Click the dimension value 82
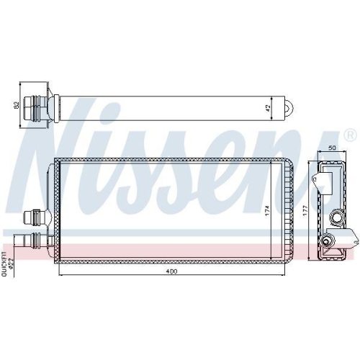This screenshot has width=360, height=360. tap(17, 105)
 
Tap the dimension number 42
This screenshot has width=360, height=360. tap(268, 108)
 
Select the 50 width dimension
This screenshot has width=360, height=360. tap(331, 148)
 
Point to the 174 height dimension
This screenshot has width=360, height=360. tap(268, 210)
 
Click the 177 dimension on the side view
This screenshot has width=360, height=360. tap(305, 211)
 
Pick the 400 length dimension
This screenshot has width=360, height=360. tap(172, 271)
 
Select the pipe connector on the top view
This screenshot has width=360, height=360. tap(36, 108)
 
